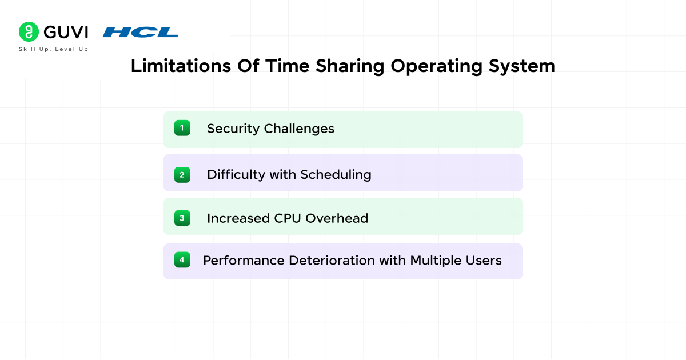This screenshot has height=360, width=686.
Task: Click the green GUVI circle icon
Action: tap(29, 31)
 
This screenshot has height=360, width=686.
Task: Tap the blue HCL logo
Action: tap(141, 32)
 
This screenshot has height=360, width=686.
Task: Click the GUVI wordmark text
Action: tap(66, 32)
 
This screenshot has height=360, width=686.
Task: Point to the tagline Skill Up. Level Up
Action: tap(54, 49)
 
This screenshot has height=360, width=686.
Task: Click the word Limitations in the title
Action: tap(181, 66)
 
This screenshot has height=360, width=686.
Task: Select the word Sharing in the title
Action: tap(350, 66)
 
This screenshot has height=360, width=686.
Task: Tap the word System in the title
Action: tap(521, 66)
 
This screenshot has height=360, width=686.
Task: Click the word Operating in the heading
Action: tap(436, 66)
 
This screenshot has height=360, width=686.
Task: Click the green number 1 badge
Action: tap(182, 128)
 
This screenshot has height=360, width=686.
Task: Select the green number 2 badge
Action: tap(182, 175)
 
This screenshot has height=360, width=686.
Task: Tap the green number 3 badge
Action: tap(182, 218)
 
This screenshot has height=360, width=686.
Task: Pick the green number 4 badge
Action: tap(182, 259)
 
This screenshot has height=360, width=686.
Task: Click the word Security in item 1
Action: tap(233, 129)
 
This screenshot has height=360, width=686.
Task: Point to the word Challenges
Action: tap(299, 129)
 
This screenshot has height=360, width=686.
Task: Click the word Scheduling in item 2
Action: tap(336, 175)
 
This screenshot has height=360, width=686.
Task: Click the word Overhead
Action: tap(337, 218)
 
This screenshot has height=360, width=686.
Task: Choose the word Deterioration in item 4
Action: tap(332, 261)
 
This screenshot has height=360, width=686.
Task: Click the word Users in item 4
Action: tap(484, 261)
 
